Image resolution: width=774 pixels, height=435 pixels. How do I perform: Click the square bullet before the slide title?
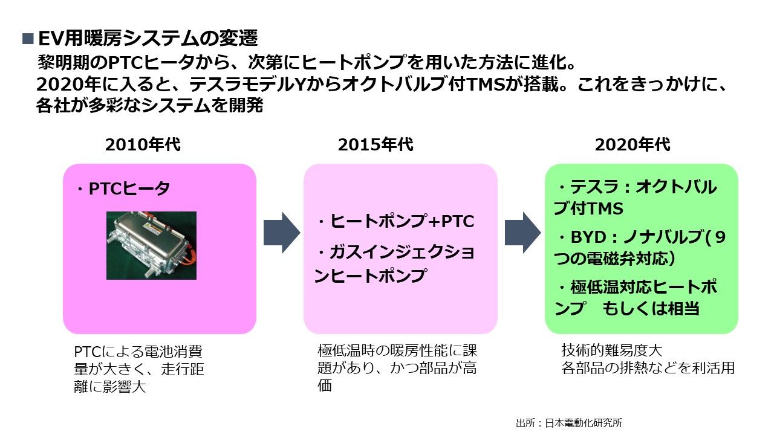pos(28,39)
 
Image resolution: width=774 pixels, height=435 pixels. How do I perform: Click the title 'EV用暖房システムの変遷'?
pos(148,39)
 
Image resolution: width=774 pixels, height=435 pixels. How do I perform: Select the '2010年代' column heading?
pos(143,145)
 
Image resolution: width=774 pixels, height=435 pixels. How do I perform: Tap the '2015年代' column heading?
pos(376,145)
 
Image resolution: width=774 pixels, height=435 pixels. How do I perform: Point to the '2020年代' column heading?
pos(633,145)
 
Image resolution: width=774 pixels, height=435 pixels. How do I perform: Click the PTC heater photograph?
pos(152,245)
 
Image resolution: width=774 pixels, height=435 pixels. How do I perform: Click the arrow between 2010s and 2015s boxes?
pos(281,233)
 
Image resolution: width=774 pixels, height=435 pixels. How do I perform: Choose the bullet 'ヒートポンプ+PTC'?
pos(396,222)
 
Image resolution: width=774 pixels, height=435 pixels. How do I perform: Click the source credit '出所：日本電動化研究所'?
pos(569,423)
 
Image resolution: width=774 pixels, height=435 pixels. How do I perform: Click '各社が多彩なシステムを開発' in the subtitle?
pos(150,106)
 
